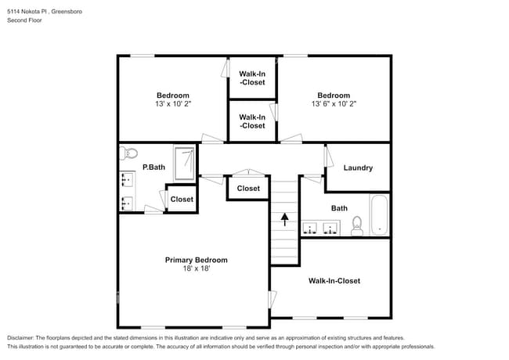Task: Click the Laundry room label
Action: (x=358, y=167)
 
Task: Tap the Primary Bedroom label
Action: (x=196, y=260)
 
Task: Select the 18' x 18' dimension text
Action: (x=196, y=268)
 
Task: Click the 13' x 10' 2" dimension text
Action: (x=172, y=103)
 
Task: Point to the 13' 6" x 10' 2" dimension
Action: (x=334, y=103)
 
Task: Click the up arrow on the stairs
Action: (x=285, y=218)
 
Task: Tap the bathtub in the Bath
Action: (x=380, y=215)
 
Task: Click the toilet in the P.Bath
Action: (x=129, y=153)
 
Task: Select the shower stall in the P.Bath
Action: (x=185, y=160)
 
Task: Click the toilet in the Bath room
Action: (x=357, y=225)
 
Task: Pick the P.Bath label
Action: (x=153, y=167)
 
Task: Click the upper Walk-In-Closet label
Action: (x=252, y=77)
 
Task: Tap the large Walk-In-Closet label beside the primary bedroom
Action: (x=334, y=280)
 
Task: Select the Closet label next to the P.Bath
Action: (x=182, y=200)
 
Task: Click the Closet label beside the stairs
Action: (x=248, y=189)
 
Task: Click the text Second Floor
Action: (x=25, y=20)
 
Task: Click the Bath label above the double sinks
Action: (x=339, y=208)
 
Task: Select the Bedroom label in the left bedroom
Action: (x=172, y=95)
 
